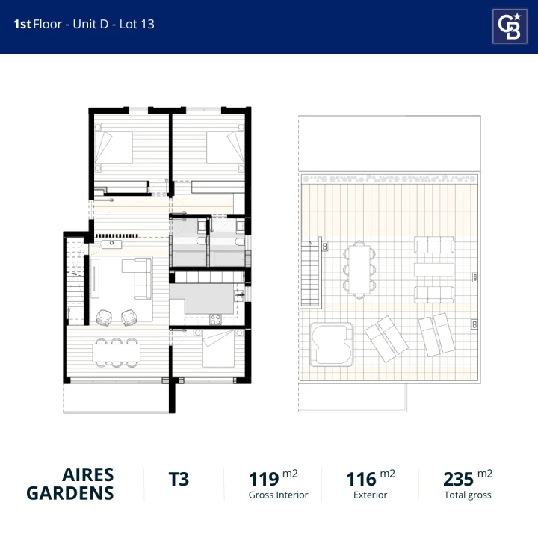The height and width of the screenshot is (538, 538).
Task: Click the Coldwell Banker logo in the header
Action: click(x=510, y=26)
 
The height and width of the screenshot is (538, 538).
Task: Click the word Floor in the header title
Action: click(x=47, y=24)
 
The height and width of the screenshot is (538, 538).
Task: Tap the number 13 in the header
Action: click(x=147, y=24)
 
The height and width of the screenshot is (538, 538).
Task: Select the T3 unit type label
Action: click(x=179, y=479)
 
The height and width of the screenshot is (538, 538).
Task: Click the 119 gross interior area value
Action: click(x=264, y=479)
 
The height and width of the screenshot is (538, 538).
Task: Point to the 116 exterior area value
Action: click(x=361, y=479)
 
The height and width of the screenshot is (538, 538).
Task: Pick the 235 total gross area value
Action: click(x=458, y=479)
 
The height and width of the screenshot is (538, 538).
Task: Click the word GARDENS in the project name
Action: click(x=70, y=493)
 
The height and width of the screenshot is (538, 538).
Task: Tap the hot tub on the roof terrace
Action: click(x=332, y=344)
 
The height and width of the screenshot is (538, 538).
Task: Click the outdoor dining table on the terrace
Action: click(x=359, y=269)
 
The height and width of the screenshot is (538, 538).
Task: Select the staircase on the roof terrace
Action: click(x=311, y=273)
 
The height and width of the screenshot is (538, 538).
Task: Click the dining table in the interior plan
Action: click(x=117, y=353)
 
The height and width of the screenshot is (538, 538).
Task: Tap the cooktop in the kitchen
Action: click(x=215, y=320)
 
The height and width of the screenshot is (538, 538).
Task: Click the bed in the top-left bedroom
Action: click(x=114, y=147)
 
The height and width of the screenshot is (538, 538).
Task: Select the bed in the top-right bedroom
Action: click(x=226, y=147)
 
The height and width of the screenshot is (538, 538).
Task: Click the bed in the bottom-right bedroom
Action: click(x=218, y=349)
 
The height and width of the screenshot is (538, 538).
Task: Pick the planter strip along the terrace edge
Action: click(x=389, y=179)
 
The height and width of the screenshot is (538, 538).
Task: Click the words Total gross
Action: click(x=468, y=495)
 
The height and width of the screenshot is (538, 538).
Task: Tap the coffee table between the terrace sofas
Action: click(x=434, y=270)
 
